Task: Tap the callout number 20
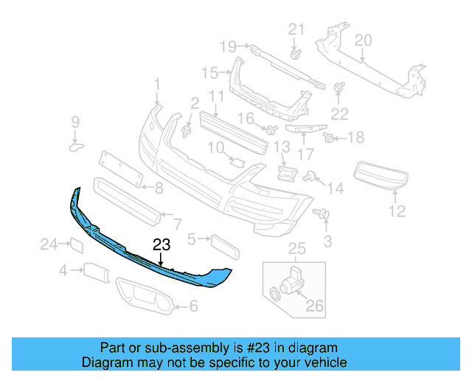click(x=363, y=40)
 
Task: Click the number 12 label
click(x=397, y=212)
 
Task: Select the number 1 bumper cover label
click(x=156, y=85)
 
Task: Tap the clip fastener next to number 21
click(x=295, y=54)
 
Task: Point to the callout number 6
click(x=194, y=306)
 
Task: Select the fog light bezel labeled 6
click(x=144, y=297)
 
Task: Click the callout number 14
click(x=336, y=188)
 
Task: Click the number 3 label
click(x=328, y=241)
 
